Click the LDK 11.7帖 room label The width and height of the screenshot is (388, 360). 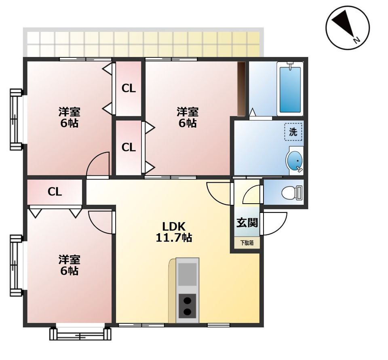tap(174, 232)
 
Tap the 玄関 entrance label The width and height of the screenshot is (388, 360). tap(247, 223)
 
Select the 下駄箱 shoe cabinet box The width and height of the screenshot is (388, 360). tap(247, 243)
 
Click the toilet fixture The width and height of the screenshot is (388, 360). tap(292, 192)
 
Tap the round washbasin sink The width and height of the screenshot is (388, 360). tap(295, 160)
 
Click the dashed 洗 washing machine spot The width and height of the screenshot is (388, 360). tap(293, 132)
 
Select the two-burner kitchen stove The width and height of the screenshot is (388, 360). tap(188, 306)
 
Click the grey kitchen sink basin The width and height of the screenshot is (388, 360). tap(187, 274)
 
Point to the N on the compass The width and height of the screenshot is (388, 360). tap(356, 40)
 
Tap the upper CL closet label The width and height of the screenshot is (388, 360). tap(129, 88)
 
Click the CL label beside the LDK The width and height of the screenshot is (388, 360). tap(55, 192)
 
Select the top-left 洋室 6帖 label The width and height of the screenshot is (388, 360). tap(69, 117)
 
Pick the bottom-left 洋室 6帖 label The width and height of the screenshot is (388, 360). tap(69, 265)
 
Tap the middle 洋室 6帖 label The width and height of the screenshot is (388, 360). tap(188, 117)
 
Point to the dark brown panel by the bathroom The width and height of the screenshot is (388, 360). tap(241, 89)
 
